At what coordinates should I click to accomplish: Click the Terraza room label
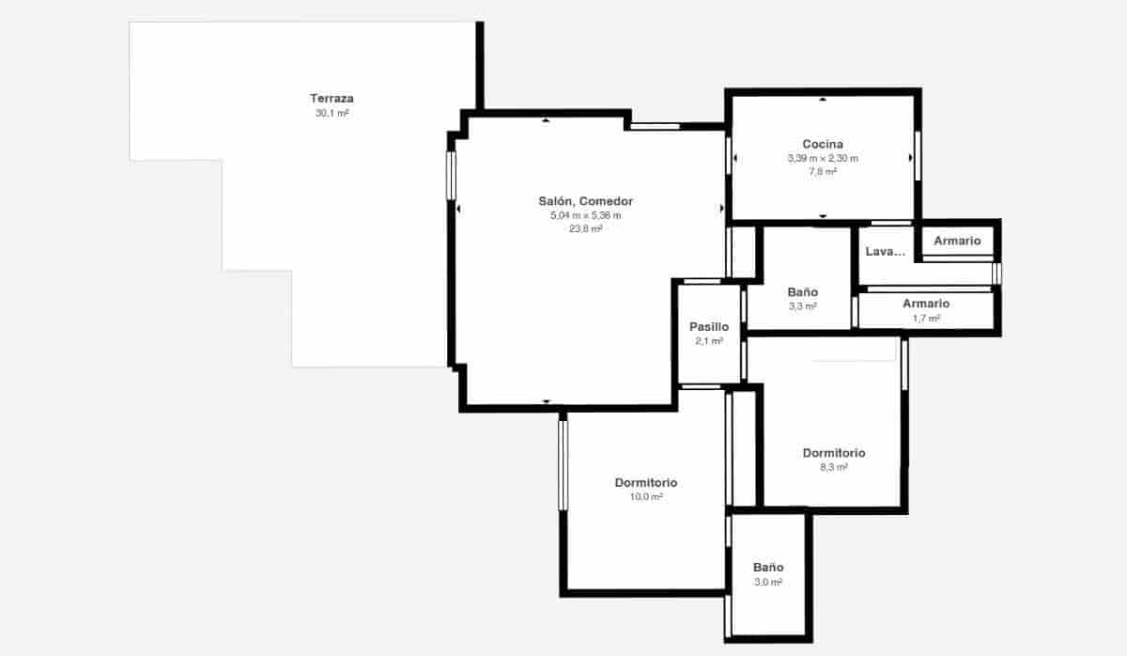coord(332,98)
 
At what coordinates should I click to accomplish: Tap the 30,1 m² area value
coord(332,113)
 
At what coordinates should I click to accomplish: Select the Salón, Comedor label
coord(585,201)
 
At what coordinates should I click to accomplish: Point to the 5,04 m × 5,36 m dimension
coord(585,215)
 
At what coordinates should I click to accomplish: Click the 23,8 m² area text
coord(585,228)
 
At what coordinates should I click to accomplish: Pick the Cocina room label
coord(822,144)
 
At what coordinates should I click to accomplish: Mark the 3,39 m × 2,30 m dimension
coord(822,158)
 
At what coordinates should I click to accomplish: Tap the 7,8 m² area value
coord(822,171)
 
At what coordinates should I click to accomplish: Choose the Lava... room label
coord(885,252)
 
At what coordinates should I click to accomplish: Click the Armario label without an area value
coord(957,242)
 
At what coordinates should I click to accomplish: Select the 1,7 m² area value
coord(926,318)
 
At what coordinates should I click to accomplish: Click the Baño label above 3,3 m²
coord(802,292)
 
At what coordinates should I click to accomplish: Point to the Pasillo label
coord(709,327)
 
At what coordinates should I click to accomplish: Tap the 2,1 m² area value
coord(709,341)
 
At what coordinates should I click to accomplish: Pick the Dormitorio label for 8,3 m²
coord(834,453)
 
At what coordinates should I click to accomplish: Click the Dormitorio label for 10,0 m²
coord(646,483)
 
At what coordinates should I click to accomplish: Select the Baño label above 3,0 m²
coord(768,568)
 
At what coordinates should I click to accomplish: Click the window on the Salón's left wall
coord(451,175)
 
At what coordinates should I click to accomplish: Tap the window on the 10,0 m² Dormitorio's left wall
coord(563,465)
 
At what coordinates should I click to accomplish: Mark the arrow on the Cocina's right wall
coord(911,159)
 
